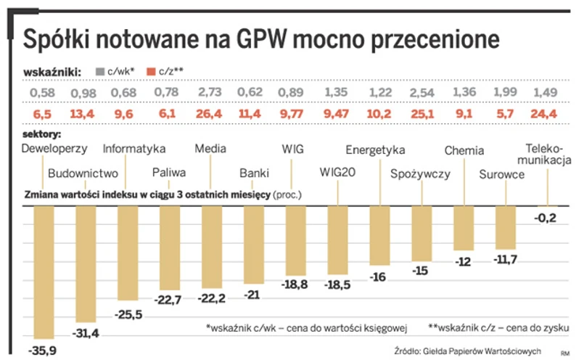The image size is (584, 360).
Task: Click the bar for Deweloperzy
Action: (45, 271)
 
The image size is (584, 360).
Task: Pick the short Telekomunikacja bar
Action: (547, 207)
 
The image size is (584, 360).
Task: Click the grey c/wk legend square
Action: (100, 71)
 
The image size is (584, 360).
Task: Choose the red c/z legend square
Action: (151, 71)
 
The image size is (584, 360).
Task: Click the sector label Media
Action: (210, 149)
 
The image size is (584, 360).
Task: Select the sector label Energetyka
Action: (374, 150)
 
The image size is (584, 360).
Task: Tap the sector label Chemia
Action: (464, 151)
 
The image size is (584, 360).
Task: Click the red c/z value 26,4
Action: (210, 114)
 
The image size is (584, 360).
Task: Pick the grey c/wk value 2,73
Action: (210, 93)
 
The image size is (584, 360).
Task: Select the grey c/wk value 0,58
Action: (44, 93)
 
